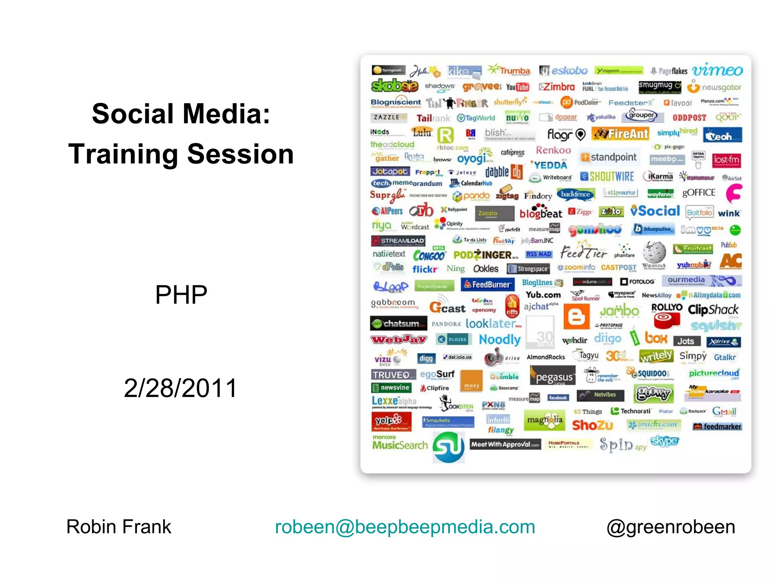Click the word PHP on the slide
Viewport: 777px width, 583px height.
click(181, 295)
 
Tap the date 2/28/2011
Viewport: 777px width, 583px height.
click(181, 388)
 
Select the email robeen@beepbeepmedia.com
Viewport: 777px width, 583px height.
click(405, 527)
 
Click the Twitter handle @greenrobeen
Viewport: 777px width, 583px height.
click(670, 527)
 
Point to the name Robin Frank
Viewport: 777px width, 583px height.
click(119, 527)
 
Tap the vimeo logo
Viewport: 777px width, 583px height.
click(717, 70)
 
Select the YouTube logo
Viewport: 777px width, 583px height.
click(517, 87)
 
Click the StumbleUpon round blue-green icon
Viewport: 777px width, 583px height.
click(448, 447)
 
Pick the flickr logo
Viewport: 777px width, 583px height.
click(425, 269)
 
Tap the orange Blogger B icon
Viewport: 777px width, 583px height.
click(576, 316)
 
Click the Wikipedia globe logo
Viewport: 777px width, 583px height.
click(654, 252)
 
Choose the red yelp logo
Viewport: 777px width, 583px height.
click(391, 421)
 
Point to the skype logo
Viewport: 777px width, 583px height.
click(665, 441)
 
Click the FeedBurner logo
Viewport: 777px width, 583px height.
click(488, 284)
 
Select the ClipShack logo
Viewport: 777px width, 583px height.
click(713, 310)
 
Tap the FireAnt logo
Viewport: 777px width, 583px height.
click(621, 134)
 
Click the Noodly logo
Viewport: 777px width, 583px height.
click(500, 339)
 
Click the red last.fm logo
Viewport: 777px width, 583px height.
click(726, 160)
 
